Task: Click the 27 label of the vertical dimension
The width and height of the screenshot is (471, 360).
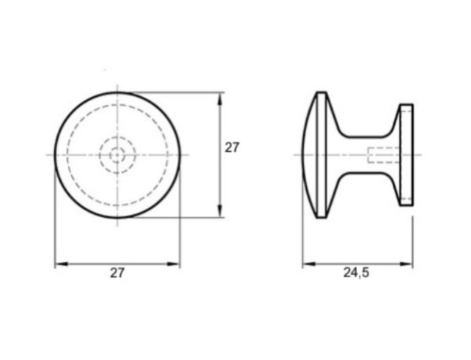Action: [x=232, y=147]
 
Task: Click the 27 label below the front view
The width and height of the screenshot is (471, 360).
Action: [x=117, y=273]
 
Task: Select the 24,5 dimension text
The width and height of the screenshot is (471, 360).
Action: [x=356, y=273]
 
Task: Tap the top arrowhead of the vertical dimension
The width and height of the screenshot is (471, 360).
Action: [x=220, y=98]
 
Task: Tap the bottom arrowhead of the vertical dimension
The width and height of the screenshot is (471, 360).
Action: [x=220, y=210]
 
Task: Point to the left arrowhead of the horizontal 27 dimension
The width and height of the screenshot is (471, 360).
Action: [x=62, y=264]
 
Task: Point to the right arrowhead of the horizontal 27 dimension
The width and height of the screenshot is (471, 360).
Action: [x=174, y=264]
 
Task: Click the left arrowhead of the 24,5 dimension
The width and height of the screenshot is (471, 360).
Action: [x=309, y=264]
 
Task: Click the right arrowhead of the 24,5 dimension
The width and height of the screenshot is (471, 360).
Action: [x=406, y=264]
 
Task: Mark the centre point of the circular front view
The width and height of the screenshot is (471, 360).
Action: [x=117, y=155]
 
